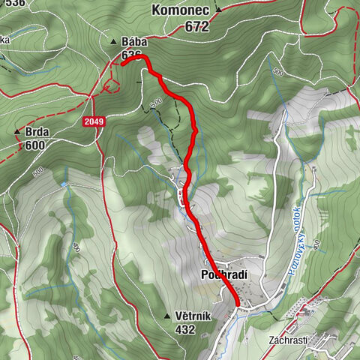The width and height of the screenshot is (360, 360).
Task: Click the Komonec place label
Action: pyautogui.click(x=181, y=10)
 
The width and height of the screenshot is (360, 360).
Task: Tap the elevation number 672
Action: pyautogui.click(x=194, y=25)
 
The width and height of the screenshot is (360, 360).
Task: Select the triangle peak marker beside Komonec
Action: pyautogui.click(x=217, y=10)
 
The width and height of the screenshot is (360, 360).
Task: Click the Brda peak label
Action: pyautogui.click(x=37, y=132)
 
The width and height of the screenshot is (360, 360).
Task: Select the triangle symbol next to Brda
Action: pyautogui.click(x=16, y=132)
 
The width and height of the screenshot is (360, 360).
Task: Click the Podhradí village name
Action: pyautogui.click(x=224, y=275)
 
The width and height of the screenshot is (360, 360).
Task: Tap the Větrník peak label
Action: pyautogui.click(x=194, y=316)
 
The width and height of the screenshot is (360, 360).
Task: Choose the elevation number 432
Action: pyautogui.click(x=183, y=330)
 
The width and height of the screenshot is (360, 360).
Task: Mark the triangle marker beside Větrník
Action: pyautogui.click(x=166, y=316)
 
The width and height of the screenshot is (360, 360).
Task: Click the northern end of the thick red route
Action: pyautogui.click(x=122, y=64)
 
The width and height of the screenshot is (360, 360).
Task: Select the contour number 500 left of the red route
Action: pyautogui.click(x=155, y=103)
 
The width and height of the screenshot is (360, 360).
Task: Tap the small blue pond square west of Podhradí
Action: pyautogui.click(x=66, y=183)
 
